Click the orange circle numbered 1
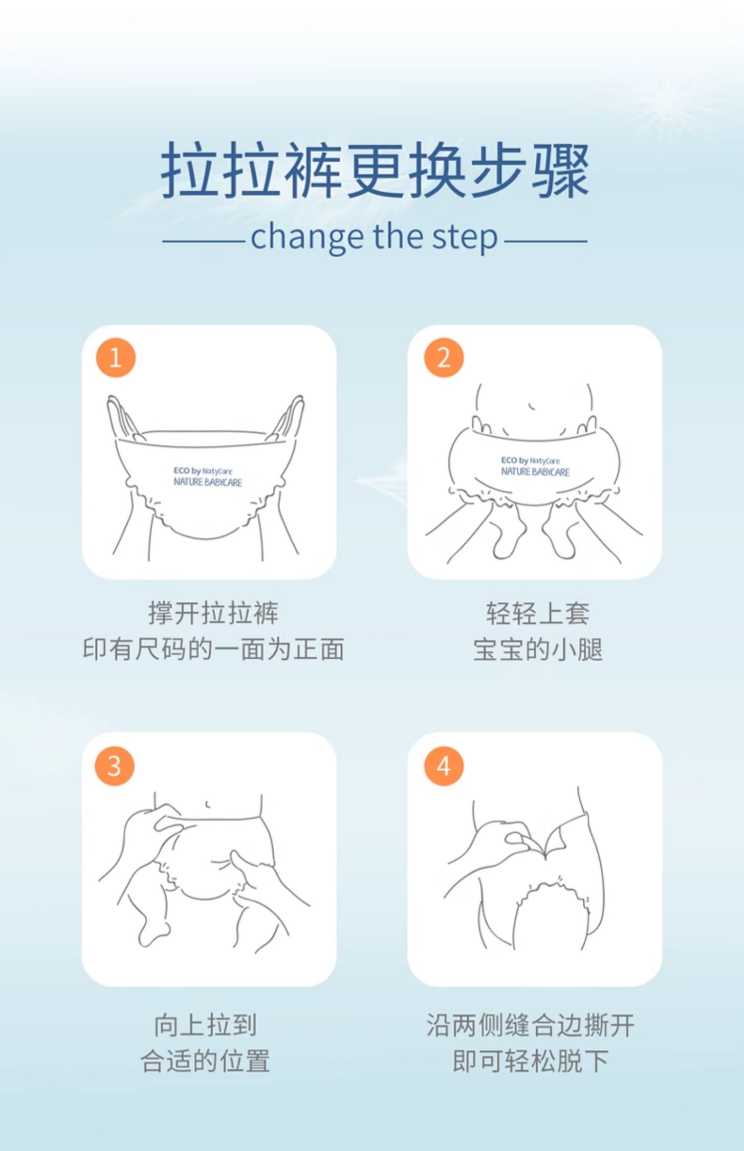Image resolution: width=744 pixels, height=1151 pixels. coord(116,357)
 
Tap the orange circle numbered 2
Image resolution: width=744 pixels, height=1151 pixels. coord(443,357)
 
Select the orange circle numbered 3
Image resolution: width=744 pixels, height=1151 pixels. coord(115,766)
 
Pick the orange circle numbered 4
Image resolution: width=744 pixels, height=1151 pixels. coord(443,766)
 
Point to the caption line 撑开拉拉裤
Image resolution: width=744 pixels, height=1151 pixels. coord(213,613)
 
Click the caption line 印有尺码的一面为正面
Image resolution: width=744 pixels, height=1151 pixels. coord(213,649)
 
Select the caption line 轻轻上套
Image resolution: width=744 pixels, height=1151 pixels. coord(538,613)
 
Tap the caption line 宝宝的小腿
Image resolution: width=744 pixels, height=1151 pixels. coord(538,649)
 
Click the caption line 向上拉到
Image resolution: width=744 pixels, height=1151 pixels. coord(205,1026)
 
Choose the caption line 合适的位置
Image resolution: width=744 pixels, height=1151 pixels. coord(205,1062)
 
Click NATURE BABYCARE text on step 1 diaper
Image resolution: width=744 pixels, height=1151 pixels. coord(208,482)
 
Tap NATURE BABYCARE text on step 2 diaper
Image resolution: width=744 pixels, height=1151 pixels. coord(535,471)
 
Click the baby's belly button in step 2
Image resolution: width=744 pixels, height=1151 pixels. coord(531,406)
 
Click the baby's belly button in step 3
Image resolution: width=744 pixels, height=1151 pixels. coord(208,804)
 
